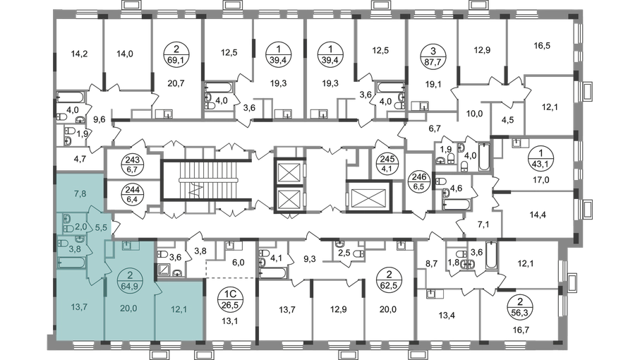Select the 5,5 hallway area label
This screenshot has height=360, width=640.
click(101, 228)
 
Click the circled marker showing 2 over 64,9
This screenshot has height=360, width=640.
click(130, 280)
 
